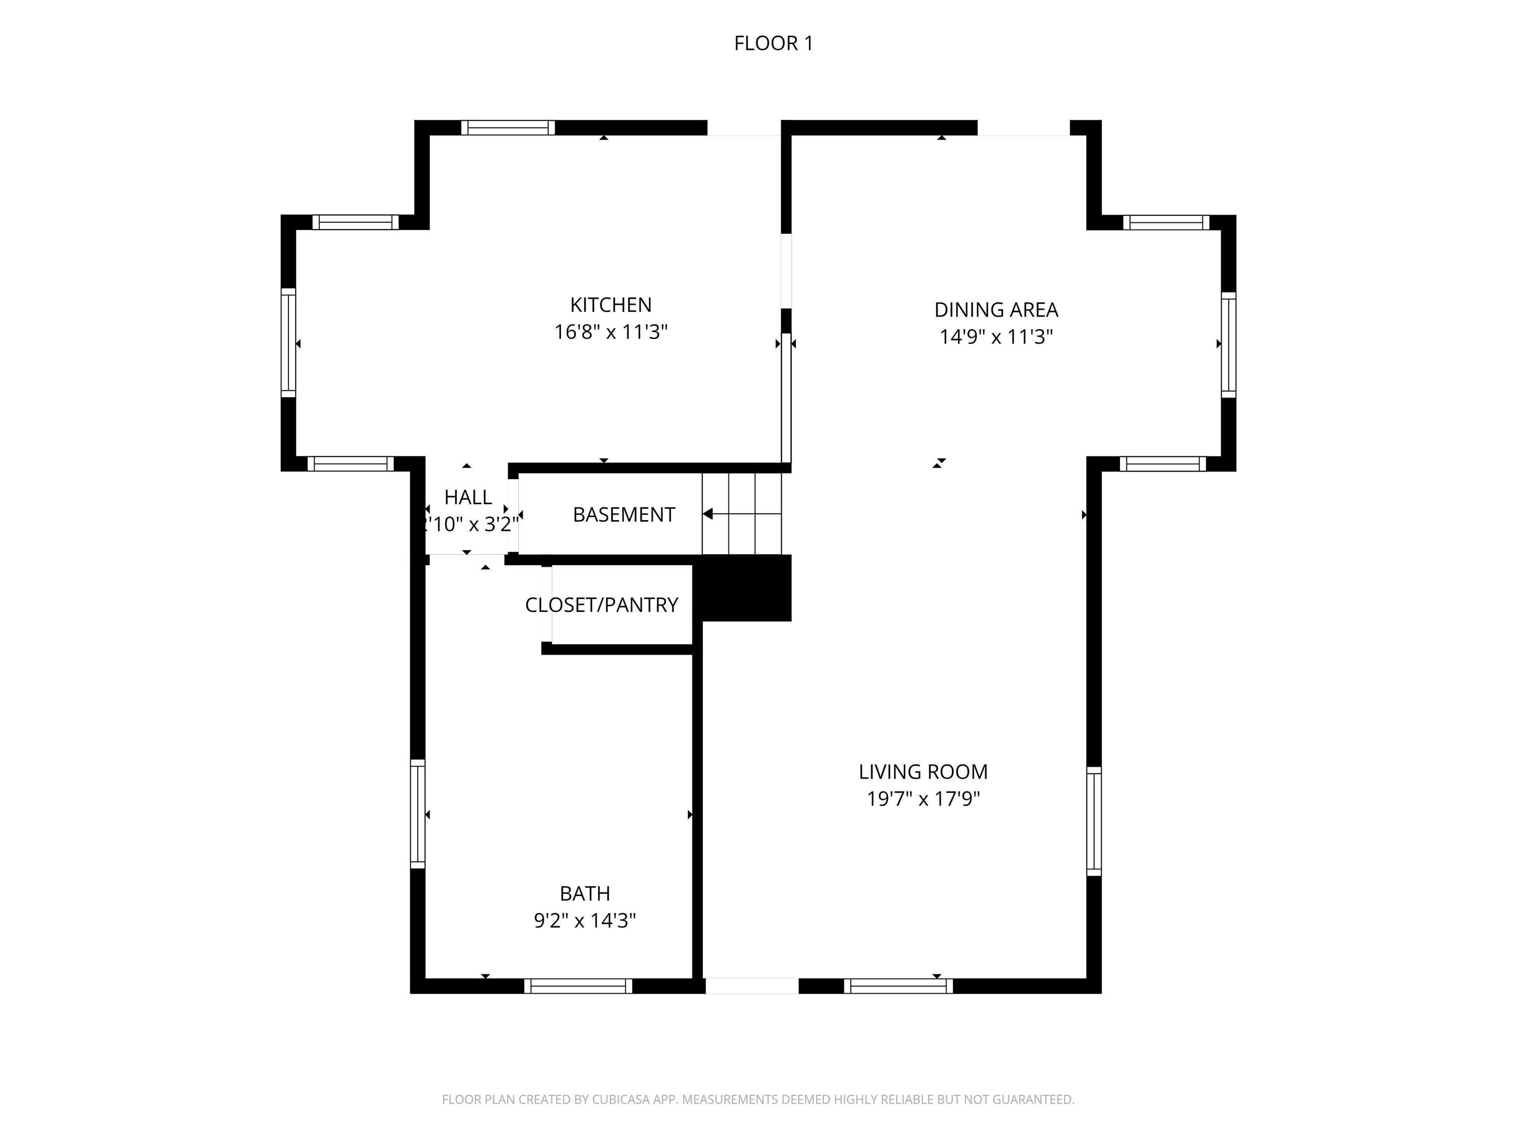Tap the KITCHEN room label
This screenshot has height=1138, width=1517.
pyautogui.click(x=610, y=305)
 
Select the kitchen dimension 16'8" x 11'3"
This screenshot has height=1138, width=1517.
pyautogui.click(x=610, y=332)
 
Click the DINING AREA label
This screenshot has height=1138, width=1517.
pyautogui.click(x=996, y=310)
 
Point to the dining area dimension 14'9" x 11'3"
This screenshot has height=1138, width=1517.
pyautogui.click(x=996, y=337)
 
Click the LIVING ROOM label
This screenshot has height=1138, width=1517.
pyautogui.click(x=923, y=772)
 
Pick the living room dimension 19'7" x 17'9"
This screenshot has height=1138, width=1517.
pyautogui.click(x=923, y=799)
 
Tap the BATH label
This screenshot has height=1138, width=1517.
pyautogui.click(x=584, y=893)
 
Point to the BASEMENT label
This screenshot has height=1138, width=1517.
pyautogui.click(x=623, y=515)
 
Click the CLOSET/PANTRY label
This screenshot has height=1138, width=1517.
pyautogui.click(x=601, y=605)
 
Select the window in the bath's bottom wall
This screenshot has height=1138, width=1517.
pyautogui.click(x=578, y=986)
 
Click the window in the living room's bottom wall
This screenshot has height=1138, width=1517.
pyautogui.click(x=898, y=986)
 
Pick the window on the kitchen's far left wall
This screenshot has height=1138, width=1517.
pyautogui.click(x=288, y=343)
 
